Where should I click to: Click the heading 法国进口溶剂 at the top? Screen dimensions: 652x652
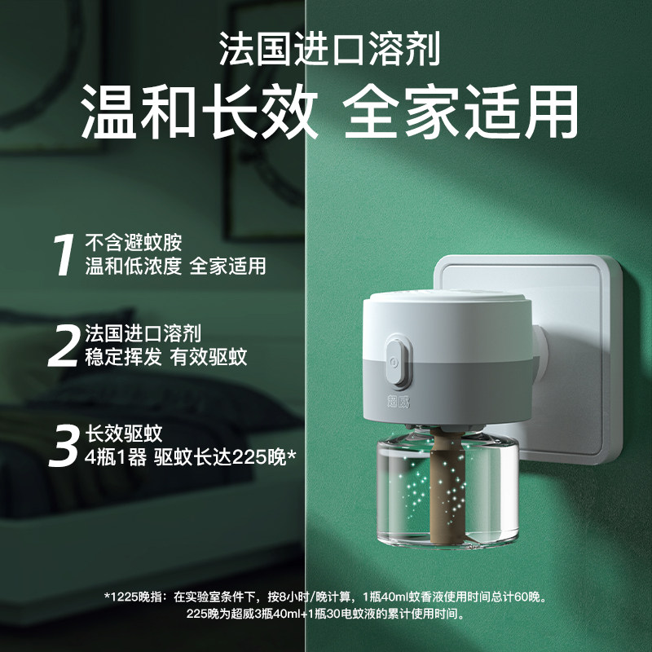coord(329,51)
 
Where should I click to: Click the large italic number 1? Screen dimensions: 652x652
coord(65,254)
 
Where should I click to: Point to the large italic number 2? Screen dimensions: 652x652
coord(65,345)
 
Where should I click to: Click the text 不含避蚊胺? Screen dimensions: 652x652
coord(134,243)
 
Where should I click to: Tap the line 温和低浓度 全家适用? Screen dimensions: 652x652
coord(175,267)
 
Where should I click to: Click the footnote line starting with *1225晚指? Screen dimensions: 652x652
coord(325,597)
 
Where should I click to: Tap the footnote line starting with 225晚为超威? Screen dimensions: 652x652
coord(325,614)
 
